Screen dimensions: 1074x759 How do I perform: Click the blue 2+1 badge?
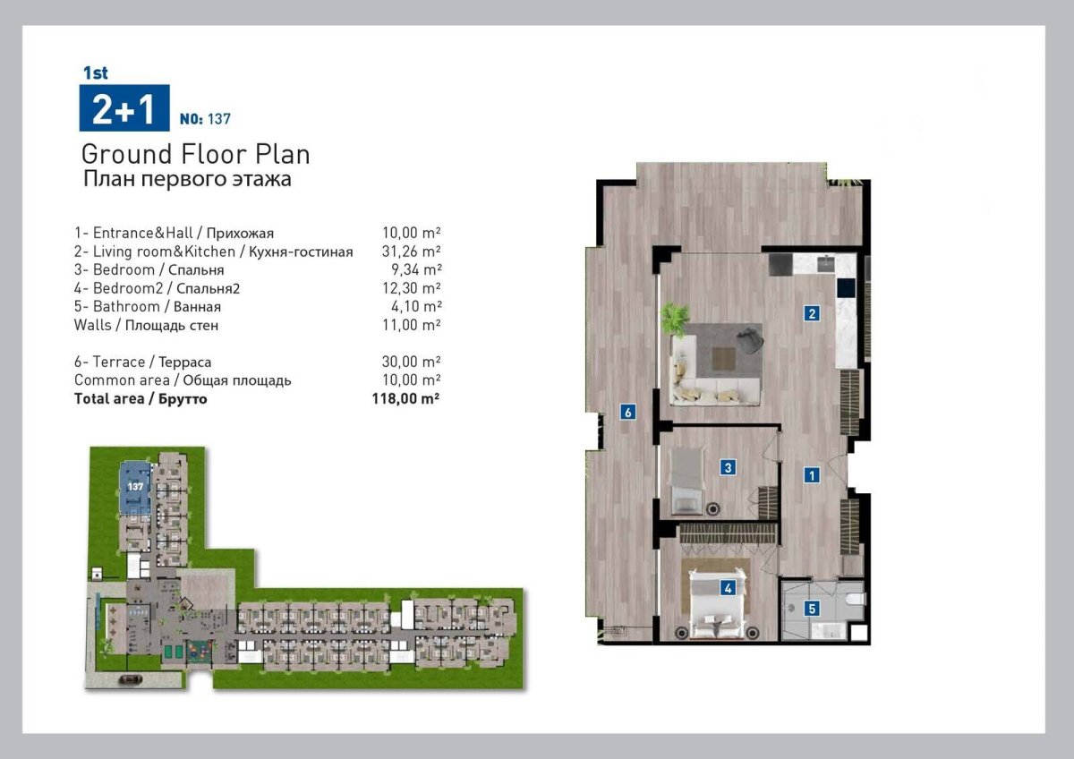tap(124, 108)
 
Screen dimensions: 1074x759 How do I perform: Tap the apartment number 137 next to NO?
tap(219, 119)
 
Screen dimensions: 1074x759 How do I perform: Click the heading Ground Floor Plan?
tap(196, 154)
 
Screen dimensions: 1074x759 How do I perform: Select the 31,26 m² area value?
tap(412, 252)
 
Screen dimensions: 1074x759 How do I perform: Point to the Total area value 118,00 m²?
tap(405, 398)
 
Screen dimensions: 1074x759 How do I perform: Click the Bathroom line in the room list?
tap(148, 306)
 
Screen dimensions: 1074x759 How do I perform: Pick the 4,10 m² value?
tap(416, 306)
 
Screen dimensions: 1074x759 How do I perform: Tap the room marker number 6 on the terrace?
tap(628, 412)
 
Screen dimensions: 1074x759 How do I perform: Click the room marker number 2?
tap(812, 313)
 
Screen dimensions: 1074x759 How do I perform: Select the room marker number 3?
tap(728, 467)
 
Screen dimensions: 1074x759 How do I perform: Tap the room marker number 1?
tap(812, 475)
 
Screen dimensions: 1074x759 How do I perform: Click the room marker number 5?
tap(812, 609)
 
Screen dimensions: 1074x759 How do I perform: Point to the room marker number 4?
tap(728, 588)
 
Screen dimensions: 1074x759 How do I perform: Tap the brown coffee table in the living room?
tap(723, 359)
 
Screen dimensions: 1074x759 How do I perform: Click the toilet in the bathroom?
tap(855, 599)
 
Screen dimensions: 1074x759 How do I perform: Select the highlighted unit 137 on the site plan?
tap(135, 488)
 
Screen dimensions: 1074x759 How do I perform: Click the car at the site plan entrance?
tap(130, 679)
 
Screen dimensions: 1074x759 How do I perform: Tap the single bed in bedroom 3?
tap(686, 481)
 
